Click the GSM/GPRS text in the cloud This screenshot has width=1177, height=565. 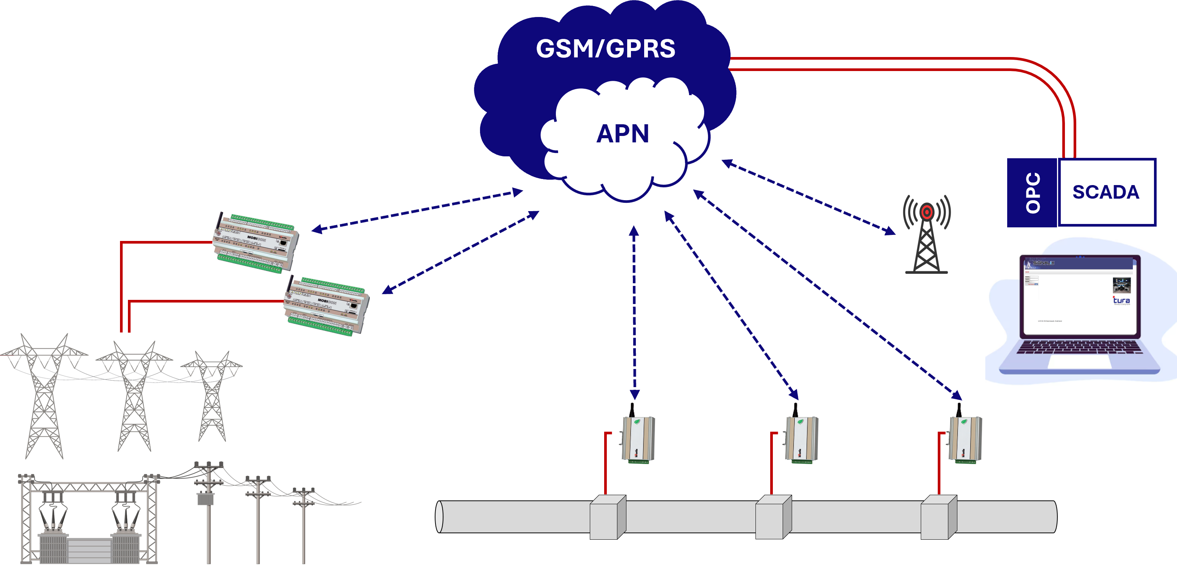tap(605, 49)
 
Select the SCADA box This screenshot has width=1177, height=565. tap(1106, 192)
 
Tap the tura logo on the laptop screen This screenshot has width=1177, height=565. tap(1121, 300)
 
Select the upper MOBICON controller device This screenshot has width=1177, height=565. tap(256, 242)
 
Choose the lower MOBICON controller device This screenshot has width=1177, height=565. tap(326, 306)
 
